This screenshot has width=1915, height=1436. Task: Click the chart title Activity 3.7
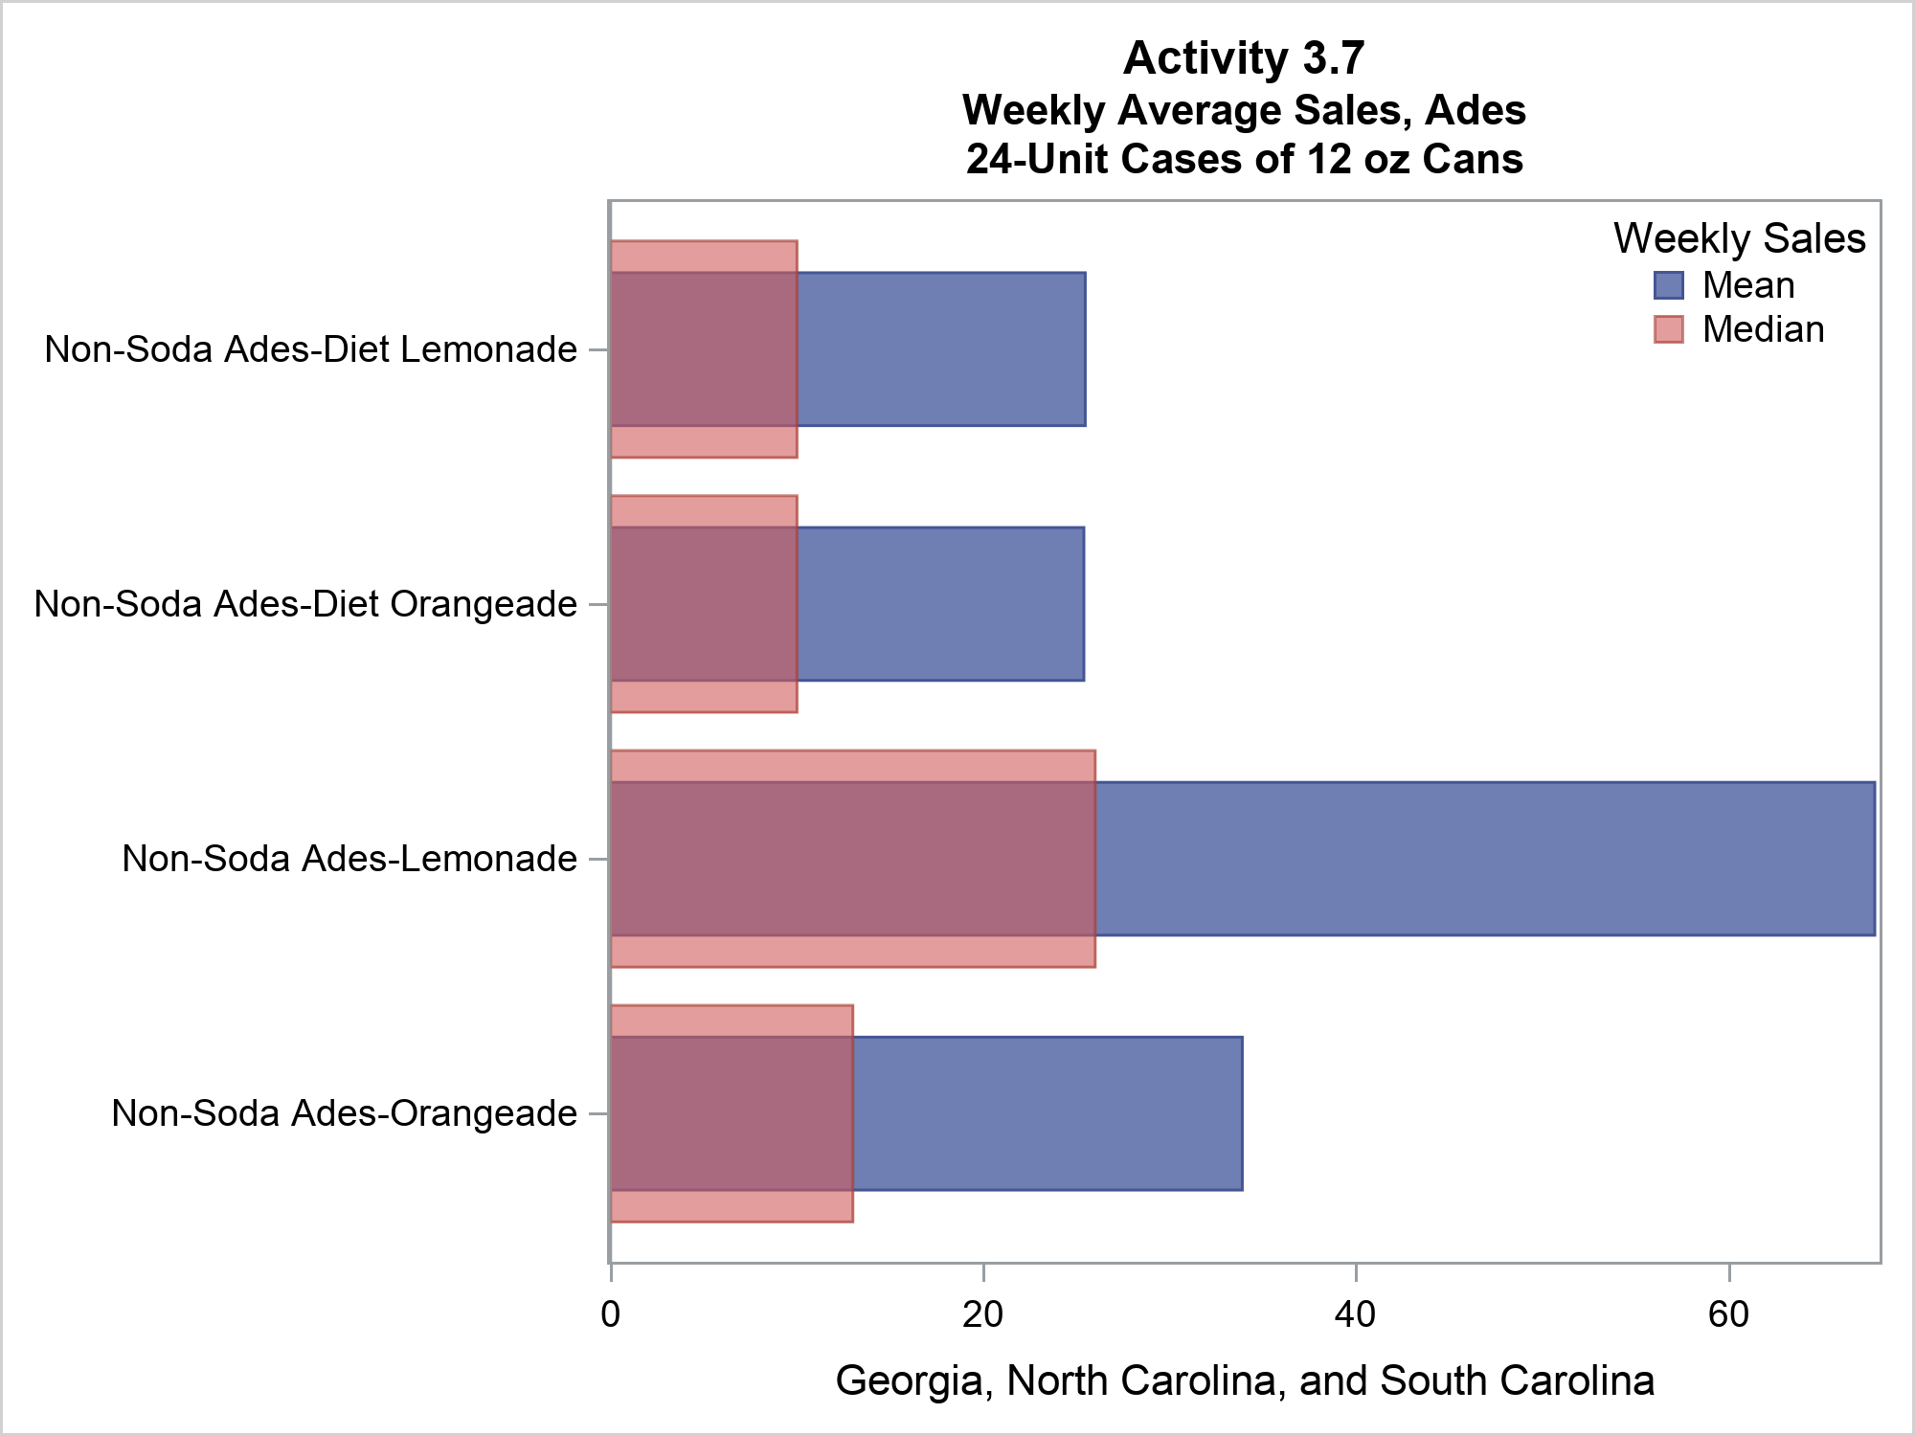click(x=1243, y=58)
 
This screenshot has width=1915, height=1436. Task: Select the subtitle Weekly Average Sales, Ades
click(x=1243, y=110)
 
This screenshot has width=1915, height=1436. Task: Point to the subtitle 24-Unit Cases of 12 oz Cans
click(x=1243, y=159)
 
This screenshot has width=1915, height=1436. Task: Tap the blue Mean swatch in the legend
click(x=1668, y=285)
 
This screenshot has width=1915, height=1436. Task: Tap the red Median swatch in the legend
click(x=1668, y=329)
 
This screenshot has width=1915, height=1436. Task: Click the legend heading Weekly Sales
click(x=1739, y=238)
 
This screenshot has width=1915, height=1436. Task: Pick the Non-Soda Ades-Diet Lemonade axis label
click(x=310, y=349)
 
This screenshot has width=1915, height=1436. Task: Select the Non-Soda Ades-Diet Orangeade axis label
click(x=305, y=604)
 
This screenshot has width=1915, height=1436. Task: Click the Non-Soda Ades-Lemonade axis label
click(x=349, y=859)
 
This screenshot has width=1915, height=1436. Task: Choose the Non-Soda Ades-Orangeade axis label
click(x=344, y=1113)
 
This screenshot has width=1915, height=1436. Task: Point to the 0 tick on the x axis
click(x=610, y=1313)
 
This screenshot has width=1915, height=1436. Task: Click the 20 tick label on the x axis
click(x=982, y=1313)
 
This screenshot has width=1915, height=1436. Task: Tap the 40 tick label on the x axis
click(x=1356, y=1313)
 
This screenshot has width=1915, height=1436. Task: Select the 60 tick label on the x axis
click(x=1728, y=1313)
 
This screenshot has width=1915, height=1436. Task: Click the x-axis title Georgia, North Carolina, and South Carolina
click(x=1245, y=1380)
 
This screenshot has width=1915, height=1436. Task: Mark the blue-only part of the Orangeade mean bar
click(x=1048, y=1113)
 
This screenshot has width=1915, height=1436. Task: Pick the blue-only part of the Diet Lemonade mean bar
click(x=941, y=349)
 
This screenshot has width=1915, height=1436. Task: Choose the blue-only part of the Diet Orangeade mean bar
click(x=940, y=604)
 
